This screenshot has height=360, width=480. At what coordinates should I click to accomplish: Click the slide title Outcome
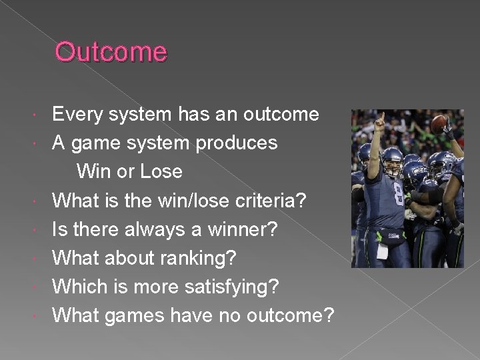(x=111, y=51)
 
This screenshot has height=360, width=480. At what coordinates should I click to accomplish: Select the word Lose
(x=161, y=172)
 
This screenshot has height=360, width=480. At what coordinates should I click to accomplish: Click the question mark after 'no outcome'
(x=327, y=315)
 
